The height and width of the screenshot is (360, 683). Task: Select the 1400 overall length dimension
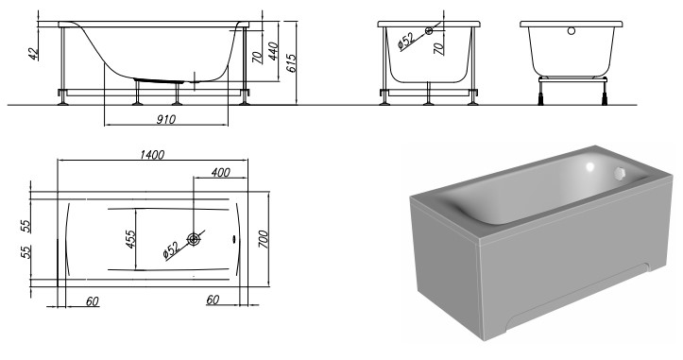tap(150, 155)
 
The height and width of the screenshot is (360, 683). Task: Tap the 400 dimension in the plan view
tap(220, 173)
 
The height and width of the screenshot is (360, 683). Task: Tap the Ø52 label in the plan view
tap(170, 250)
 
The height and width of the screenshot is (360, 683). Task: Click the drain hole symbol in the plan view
tap(194, 239)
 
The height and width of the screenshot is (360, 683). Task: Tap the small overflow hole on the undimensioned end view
tap(570, 31)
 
